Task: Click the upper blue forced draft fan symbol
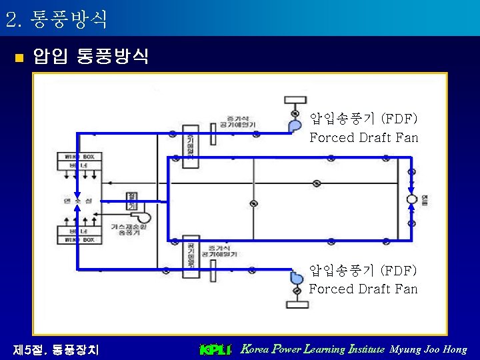click(294, 125)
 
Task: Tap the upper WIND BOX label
click(79, 157)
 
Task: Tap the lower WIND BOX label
click(79, 239)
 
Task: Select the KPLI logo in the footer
click(215, 349)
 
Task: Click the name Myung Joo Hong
click(428, 349)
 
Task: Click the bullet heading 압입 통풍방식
click(91, 56)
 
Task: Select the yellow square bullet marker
click(18, 57)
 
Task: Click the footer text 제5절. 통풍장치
click(56, 349)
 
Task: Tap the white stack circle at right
click(411, 199)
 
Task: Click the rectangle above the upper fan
click(295, 101)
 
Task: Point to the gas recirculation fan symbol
click(143, 217)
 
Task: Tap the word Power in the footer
click(287, 349)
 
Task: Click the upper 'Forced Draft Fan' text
click(363, 138)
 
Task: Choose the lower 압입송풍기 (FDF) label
click(363, 271)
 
